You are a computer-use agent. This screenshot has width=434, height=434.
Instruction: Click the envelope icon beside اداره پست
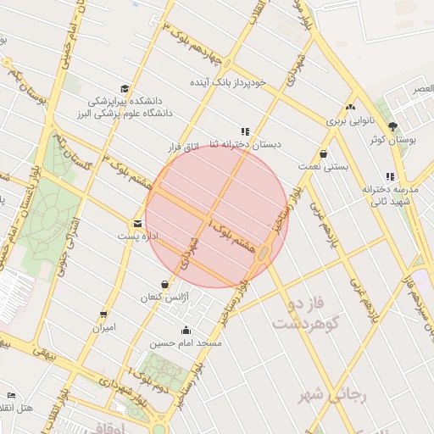pos(136,224)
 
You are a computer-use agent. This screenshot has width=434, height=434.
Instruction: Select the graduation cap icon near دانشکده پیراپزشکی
pos(125,89)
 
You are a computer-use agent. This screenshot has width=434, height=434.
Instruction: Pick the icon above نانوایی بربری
pos(350,107)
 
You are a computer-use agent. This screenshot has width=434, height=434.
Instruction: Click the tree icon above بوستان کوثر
pos(392,126)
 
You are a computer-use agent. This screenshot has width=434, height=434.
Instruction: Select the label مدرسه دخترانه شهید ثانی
pos(387,195)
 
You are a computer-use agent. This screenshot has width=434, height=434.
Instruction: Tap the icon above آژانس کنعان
pos(164,284)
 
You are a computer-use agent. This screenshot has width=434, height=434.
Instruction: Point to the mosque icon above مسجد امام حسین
pos(186,330)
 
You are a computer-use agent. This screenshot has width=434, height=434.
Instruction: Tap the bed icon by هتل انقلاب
pos(11,395)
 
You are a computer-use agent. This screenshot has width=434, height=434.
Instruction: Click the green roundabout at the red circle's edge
pos(265,253)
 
